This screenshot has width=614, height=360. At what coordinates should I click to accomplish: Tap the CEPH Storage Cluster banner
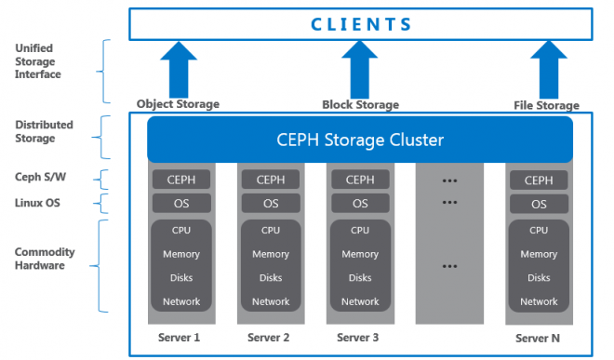point(360,140)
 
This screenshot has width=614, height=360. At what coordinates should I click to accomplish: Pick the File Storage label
point(546,105)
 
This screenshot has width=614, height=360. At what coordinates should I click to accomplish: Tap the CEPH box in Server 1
point(180,180)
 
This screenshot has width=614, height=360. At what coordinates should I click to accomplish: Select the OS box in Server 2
point(270,204)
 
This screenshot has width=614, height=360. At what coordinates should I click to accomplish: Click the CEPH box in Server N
point(539,180)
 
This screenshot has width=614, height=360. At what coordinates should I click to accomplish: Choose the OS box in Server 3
point(359,204)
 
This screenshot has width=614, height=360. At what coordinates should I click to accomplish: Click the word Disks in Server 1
point(180,277)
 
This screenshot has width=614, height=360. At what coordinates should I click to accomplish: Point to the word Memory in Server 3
point(359,254)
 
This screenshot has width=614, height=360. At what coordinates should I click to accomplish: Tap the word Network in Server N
point(539,301)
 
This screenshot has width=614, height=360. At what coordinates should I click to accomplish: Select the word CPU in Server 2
point(270,230)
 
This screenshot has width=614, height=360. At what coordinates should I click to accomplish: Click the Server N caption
point(539,338)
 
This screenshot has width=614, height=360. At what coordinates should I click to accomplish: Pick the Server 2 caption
point(270,338)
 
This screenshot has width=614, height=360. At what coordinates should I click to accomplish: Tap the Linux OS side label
point(38,203)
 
